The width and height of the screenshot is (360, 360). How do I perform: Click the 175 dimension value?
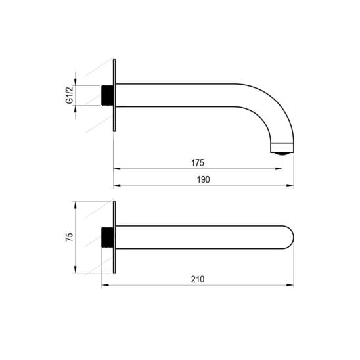(x=198, y=163)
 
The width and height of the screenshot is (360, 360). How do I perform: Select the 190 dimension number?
(x=204, y=179)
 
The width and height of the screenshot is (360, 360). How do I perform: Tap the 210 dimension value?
(x=198, y=279)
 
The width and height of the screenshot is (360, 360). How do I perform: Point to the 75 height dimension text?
(x=70, y=237)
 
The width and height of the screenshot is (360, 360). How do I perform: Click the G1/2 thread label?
(x=70, y=95)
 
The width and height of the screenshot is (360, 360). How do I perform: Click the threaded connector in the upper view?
(x=108, y=95)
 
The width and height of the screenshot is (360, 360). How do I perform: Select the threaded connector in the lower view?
(x=108, y=237)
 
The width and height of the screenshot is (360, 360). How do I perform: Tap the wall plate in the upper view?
(x=114, y=95)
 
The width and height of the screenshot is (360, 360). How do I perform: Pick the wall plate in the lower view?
(x=114, y=237)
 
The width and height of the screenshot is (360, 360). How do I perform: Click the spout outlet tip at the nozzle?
(x=282, y=153)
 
